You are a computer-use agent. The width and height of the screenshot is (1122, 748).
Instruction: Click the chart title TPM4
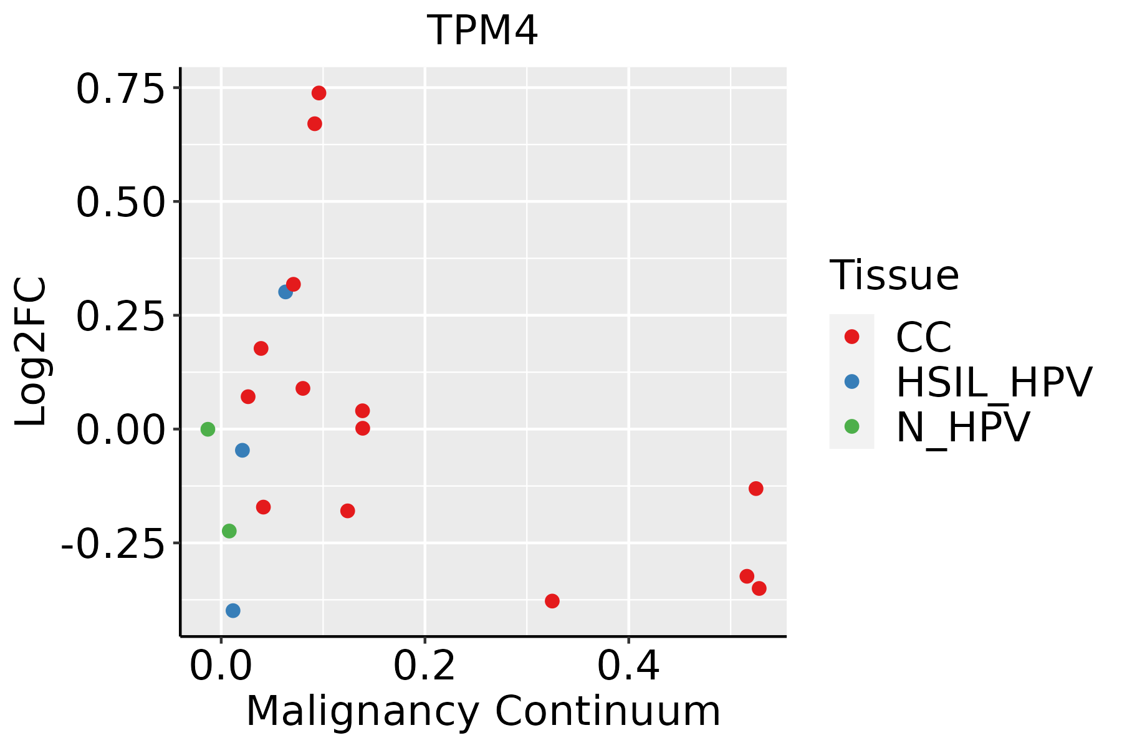(482, 31)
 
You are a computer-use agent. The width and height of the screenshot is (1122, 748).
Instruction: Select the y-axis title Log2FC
(31, 352)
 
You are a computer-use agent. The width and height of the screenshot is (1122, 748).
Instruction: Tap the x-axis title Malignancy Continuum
(483, 711)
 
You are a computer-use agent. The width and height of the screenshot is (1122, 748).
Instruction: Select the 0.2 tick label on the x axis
(424, 666)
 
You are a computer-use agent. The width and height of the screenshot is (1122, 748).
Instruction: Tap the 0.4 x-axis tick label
(628, 666)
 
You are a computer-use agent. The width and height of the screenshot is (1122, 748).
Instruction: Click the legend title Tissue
(894, 275)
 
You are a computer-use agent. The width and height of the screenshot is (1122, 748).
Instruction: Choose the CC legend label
(923, 337)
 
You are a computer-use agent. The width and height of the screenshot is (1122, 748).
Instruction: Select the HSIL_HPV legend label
(994, 382)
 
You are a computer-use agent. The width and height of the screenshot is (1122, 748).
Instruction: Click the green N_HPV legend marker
(851, 426)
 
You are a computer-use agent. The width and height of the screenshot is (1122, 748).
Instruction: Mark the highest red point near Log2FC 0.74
(319, 93)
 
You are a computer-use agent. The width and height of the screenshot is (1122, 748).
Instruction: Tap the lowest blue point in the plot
(233, 610)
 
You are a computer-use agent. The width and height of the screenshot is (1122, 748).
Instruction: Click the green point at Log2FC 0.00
(208, 429)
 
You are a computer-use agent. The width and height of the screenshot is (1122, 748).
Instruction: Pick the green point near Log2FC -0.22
(229, 531)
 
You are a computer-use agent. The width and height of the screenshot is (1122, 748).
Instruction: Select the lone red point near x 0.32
(552, 601)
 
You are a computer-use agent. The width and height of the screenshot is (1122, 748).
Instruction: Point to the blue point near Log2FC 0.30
(285, 292)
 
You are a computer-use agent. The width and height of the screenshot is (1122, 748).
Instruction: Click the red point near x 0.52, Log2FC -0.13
(755, 488)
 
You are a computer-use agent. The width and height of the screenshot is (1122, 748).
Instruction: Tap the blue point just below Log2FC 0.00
(242, 450)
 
